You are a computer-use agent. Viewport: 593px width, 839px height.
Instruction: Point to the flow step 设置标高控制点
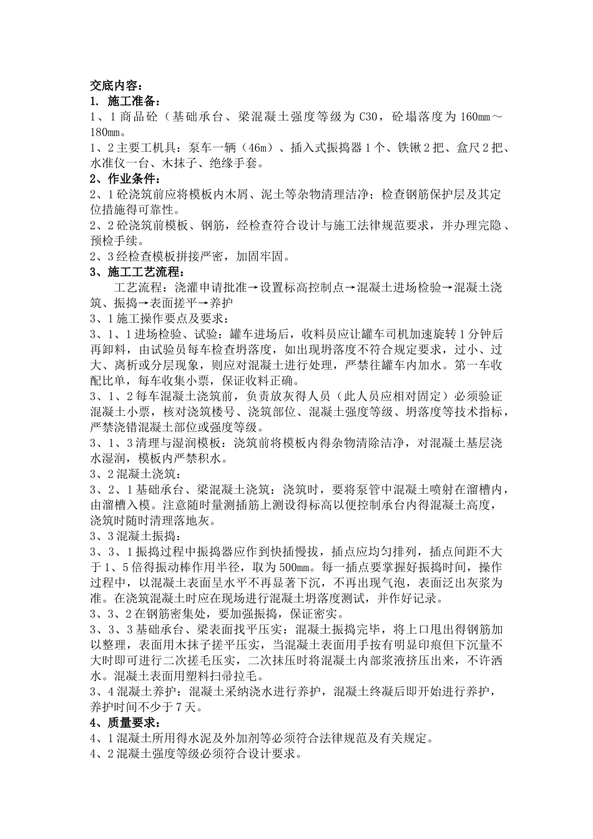[x=299, y=288]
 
